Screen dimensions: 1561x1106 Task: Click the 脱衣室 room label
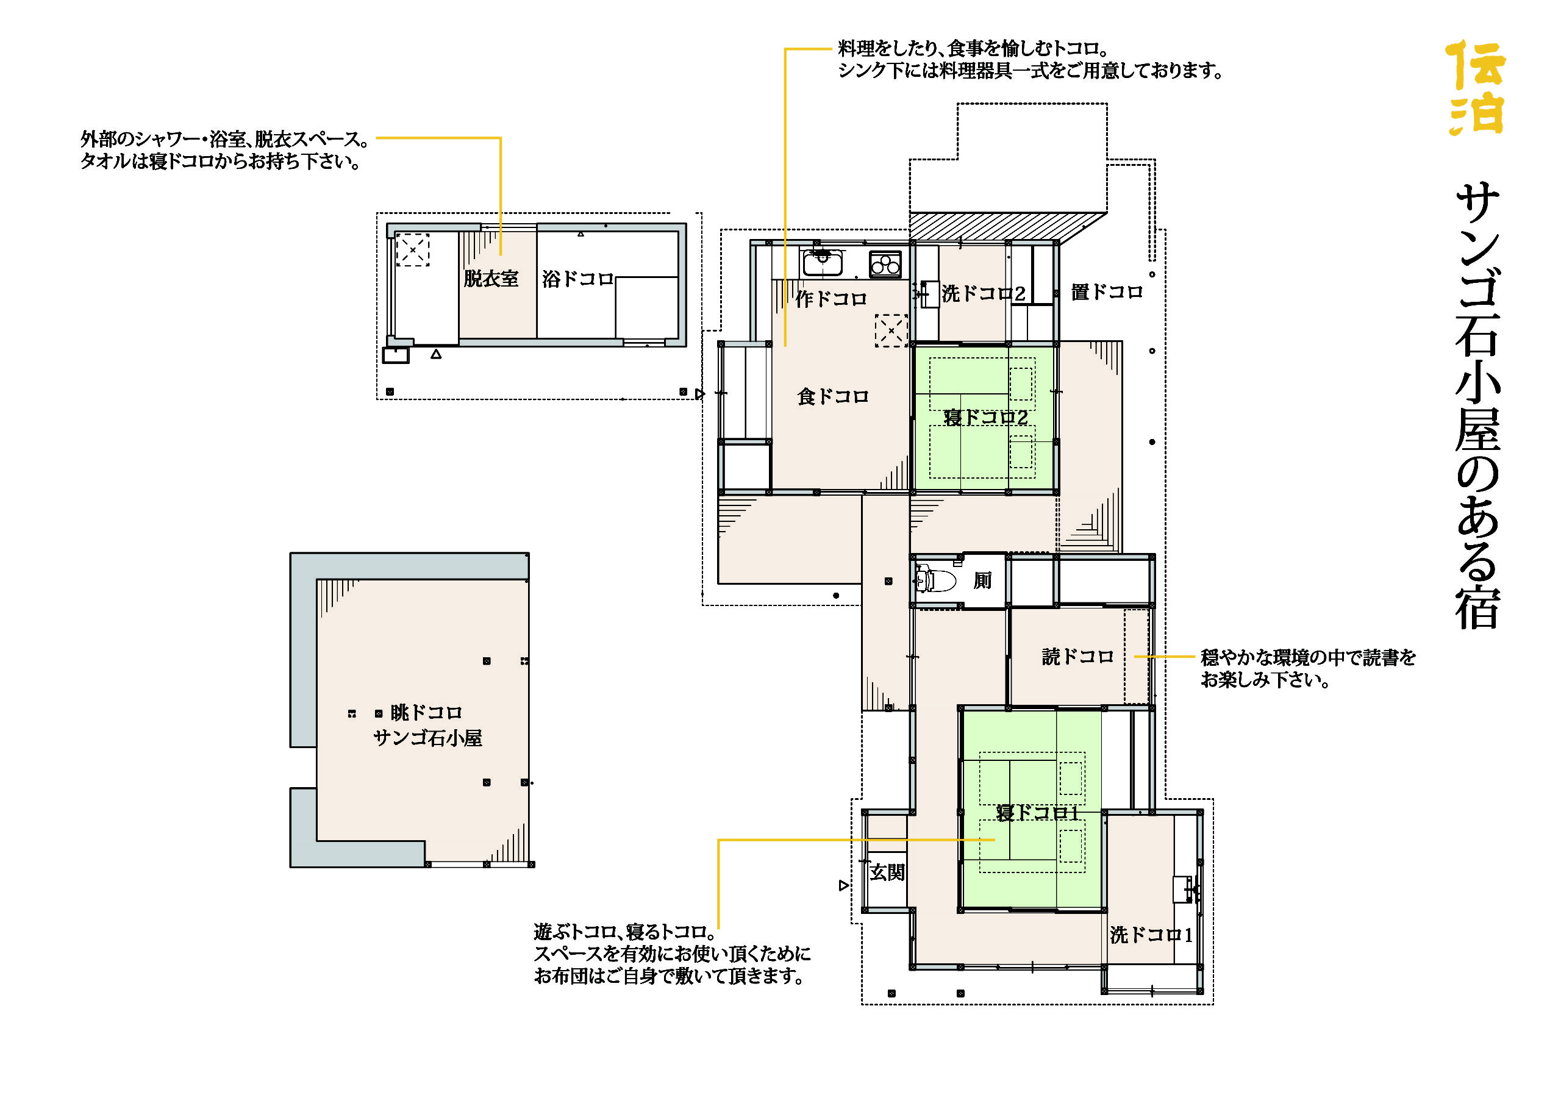[491, 278]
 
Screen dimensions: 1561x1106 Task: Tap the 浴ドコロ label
[577, 278]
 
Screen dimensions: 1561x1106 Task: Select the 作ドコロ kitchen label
[831, 298]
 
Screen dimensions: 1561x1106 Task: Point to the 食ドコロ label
[833, 396]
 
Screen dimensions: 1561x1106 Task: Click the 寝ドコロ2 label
[985, 417]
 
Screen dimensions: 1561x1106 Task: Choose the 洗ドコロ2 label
[984, 293]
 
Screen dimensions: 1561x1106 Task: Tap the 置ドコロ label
[1107, 291]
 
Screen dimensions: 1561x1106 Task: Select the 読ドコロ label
[1077, 656]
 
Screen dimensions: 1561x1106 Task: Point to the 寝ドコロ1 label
[1037, 813]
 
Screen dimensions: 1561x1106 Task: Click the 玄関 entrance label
[887, 872]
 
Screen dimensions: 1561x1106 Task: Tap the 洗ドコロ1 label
[1151, 935]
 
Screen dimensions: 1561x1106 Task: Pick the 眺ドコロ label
[426, 712]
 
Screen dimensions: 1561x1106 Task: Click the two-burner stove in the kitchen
[885, 263]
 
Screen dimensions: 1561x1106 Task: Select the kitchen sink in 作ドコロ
[823, 262]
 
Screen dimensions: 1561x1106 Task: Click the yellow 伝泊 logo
[1475, 87]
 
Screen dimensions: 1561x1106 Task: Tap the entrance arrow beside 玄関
[844, 885]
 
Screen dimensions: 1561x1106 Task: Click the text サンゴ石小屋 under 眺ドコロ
[427, 738]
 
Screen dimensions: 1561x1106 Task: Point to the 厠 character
[982, 580]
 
